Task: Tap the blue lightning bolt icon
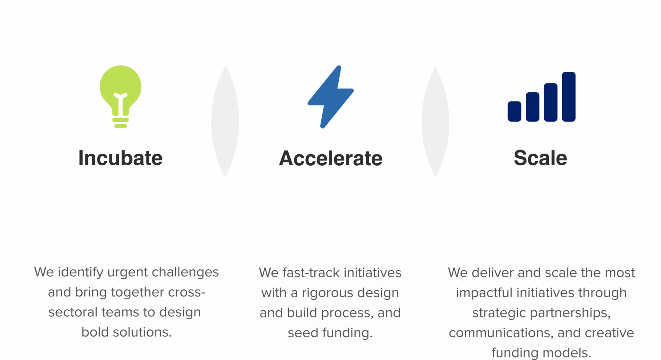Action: (330, 97)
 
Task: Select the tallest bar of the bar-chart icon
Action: (569, 96)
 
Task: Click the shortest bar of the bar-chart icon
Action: (514, 111)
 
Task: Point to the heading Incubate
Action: (120, 158)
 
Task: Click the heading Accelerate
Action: (330, 158)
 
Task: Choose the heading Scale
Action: (540, 158)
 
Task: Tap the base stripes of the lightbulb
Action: (120, 123)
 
